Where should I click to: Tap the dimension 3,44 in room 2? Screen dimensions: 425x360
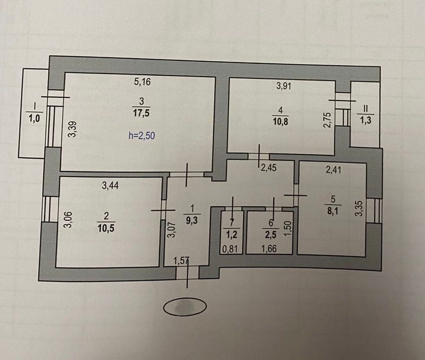coord(111,186)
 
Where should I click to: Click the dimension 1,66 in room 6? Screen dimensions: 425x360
coord(270,249)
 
